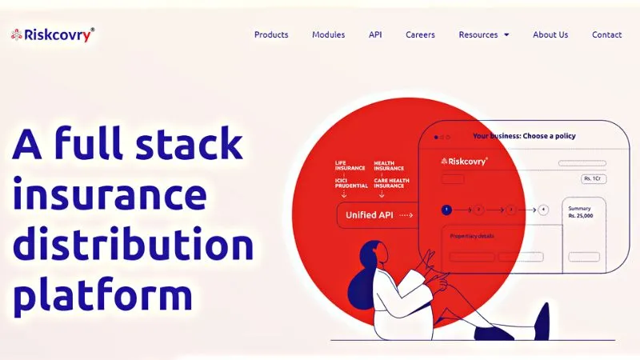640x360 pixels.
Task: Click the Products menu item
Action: click(x=271, y=34)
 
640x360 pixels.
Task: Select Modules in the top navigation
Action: click(x=328, y=34)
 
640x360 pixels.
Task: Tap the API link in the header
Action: click(x=375, y=34)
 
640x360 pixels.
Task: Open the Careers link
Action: click(x=420, y=34)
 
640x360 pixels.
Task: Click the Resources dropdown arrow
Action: click(x=506, y=35)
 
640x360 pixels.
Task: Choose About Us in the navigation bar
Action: click(x=550, y=34)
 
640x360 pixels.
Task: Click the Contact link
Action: click(x=606, y=34)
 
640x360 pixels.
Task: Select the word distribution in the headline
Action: click(x=133, y=246)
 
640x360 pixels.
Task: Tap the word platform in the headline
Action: click(x=104, y=295)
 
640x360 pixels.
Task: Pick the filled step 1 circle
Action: click(x=446, y=210)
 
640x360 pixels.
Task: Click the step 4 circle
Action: click(x=543, y=210)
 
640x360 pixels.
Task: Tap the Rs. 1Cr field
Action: click(x=593, y=178)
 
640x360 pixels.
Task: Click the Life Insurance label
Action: click(x=350, y=166)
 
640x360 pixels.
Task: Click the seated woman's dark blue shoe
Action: click(x=542, y=320)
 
